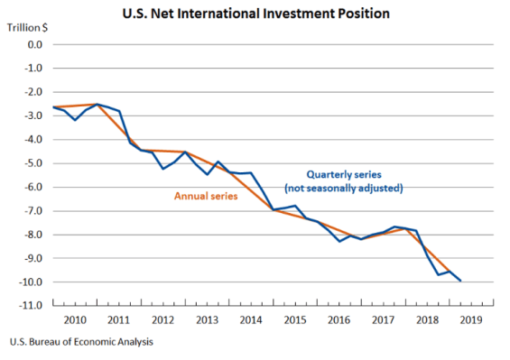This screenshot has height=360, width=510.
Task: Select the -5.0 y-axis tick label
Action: pyautogui.click(x=32, y=163)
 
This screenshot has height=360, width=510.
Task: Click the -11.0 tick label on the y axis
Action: pyautogui.click(x=31, y=306)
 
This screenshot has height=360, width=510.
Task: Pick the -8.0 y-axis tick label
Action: pyautogui.click(x=32, y=235)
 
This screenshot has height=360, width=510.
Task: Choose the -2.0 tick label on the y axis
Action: pyautogui.click(x=32, y=92)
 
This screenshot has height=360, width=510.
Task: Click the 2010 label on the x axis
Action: pyautogui.click(x=75, y=318)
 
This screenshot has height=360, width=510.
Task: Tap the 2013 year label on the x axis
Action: pyautogui.click(x=207, y=318)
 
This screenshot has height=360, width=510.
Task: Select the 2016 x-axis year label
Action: pyautogui.click(x=338, y=318)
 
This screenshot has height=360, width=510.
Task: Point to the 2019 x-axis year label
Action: pyautogui.click(x=470, y=318)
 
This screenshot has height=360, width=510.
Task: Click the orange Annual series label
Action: pyautogui.click(x=205, y=197)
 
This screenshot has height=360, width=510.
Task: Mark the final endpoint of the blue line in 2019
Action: pyautogui.click(x=461, y=281)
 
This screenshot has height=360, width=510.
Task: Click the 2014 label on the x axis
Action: pyautogui.click(x=251, y=318)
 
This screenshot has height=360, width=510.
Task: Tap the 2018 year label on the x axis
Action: pyautogui.click(x=426, y=318)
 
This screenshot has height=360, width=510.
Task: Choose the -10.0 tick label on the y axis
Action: pyautogui.click(x=31, y=282)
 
